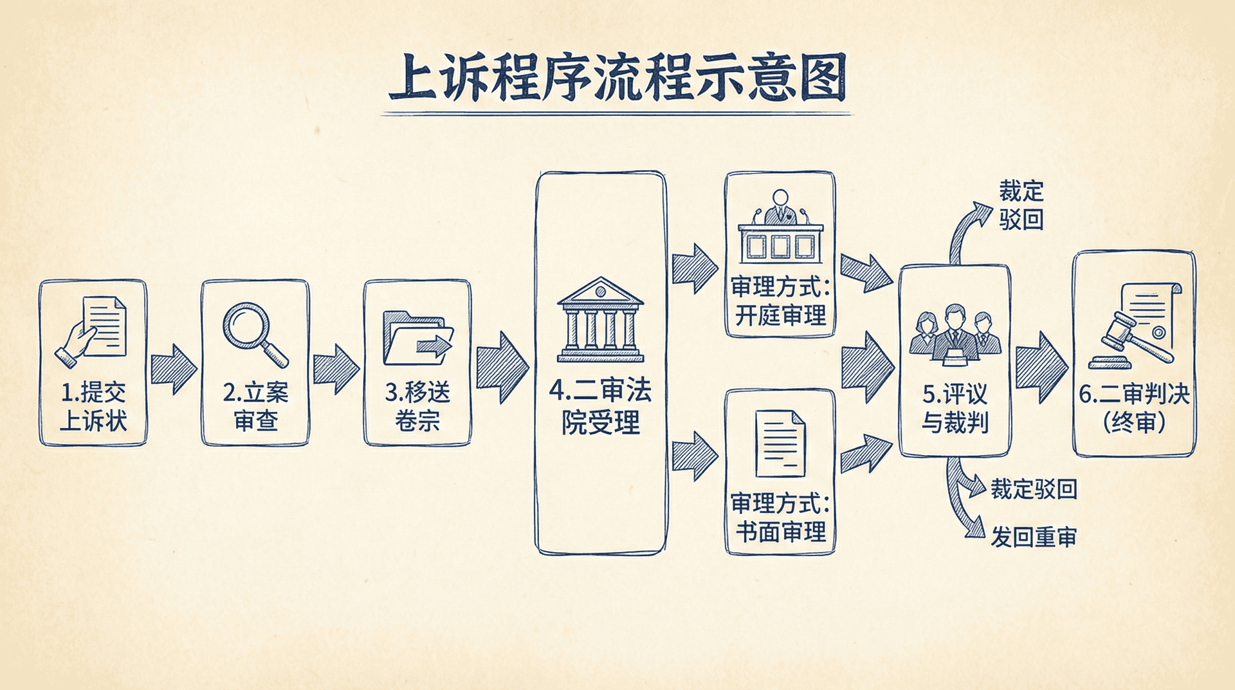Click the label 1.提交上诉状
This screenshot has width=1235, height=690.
click(93, 406)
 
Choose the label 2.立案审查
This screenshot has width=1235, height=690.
click(255, 406)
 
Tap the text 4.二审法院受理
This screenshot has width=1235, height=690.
click(600, 406)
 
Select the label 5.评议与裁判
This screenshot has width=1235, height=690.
click(955, 408)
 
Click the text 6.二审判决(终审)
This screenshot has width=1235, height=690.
click(1134, 408)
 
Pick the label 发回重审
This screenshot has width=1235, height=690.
click(1033, 537)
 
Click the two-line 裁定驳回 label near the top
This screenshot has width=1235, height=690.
click(1021, 205)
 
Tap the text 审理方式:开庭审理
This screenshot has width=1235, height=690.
click(780, 301)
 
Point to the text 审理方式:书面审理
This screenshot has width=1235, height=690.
click(780, 518)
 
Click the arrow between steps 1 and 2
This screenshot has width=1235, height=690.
click(174, 369)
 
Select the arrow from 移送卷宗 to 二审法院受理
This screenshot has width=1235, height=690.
click(502, 368)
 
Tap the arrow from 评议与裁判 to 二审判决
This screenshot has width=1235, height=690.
click(1041, 368)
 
